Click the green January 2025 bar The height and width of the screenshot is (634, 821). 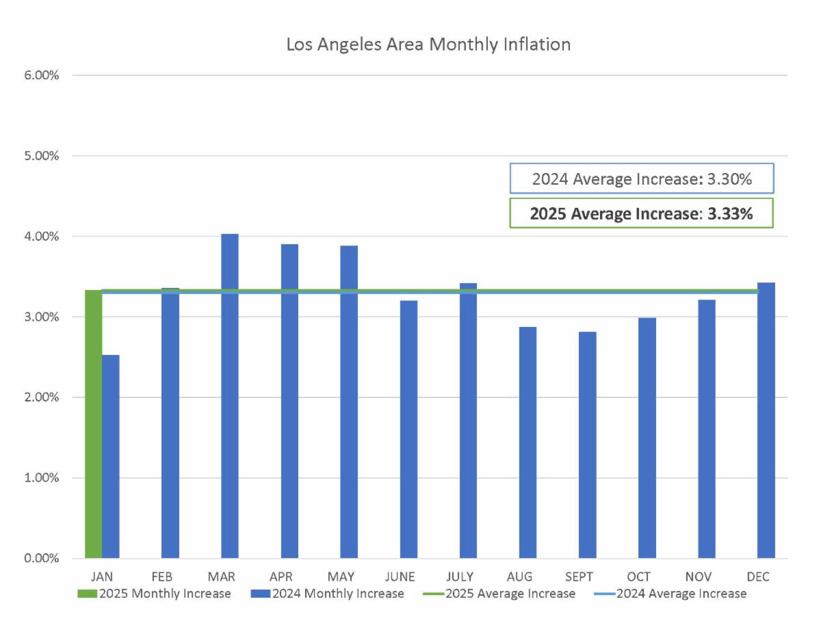click(x=93, y=424)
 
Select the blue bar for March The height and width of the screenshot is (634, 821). click(x=230, y=397)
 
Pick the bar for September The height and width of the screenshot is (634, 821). click(x=587, y=445)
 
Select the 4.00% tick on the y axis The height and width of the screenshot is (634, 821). click(x=42, y=237)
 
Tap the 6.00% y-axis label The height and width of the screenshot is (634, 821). click(x=42, y=75)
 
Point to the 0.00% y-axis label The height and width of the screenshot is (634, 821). click(x=42, y=559)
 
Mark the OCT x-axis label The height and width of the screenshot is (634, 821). click(x=638, y=577)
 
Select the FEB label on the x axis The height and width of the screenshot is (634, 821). click(x=161, y=577)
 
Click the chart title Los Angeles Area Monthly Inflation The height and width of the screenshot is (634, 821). click(x=428, y=45)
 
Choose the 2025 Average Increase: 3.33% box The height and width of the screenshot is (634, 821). click(x=642, y=213)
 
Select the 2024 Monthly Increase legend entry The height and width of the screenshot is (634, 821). click(x=328, y=594)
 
